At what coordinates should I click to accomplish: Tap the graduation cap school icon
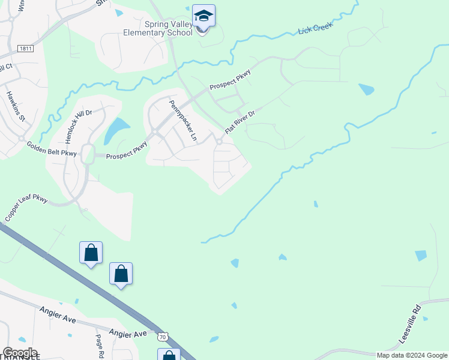tap(203, 16)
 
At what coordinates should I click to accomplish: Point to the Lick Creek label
tap(316, 29)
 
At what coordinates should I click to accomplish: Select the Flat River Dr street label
tap(240, 122)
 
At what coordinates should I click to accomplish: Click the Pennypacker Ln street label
tap(182, 120)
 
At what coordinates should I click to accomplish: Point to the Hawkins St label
tap(14, 106)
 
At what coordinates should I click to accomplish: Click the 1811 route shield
tap(25, 48)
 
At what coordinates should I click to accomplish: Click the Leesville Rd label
tap(411, 325)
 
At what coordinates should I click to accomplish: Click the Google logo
tap(20, 353)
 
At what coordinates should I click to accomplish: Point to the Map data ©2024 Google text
tap(411, 355)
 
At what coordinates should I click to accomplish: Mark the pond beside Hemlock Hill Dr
tap(116, 130)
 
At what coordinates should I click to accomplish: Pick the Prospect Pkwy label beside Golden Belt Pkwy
tap(126, 156)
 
